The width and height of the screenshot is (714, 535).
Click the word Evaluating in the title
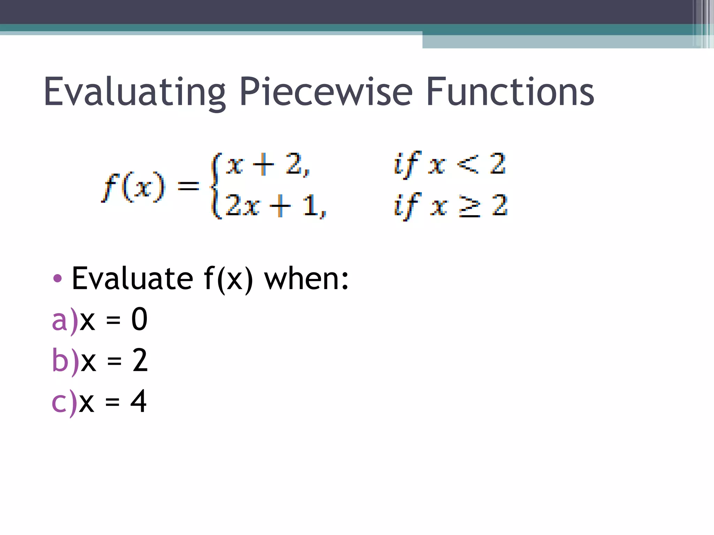(x=135, y=92)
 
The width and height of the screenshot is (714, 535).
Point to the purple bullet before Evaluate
(x=57, y=278)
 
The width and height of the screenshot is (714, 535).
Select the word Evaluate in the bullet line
(x=132, y=278)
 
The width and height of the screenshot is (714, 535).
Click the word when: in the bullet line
(x=306, y=278)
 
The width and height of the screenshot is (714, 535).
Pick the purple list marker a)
(x=65, y=320)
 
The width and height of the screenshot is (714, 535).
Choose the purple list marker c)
(x=64, y=402)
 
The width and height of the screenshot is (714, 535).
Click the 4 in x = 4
(x=138, y=401)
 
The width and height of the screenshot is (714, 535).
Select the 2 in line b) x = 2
(x=140, y=360)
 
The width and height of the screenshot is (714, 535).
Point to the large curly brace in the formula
(x=215, y=186)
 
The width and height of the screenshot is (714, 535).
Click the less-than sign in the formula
(x=467, y=164)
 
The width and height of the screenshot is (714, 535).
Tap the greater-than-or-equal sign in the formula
(x=469, y=206)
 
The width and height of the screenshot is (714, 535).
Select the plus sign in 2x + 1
(x=280, y=206)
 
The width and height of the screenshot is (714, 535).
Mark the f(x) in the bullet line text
(x=228, y=278)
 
